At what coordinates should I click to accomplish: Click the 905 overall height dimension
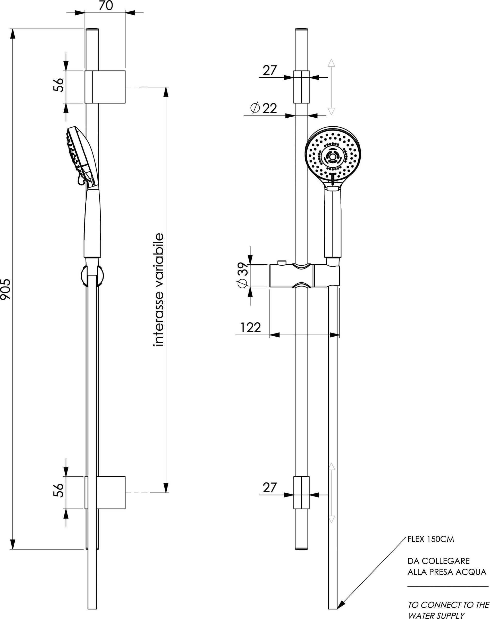tap(5, 289)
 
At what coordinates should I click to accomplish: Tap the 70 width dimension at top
tap(106, 6)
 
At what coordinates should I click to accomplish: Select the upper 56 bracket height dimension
tap(58, 85)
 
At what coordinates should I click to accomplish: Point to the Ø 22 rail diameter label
tap(264, 108)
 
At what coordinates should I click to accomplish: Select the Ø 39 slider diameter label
tap(243, 275)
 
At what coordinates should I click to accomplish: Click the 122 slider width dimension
tap(250, 328)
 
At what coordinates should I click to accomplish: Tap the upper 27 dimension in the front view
tap(270, 70)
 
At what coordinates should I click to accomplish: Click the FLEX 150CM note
tap(431, 539)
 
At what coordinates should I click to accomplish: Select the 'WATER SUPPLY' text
tap(436, 615)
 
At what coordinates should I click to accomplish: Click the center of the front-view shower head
tap(332, 157)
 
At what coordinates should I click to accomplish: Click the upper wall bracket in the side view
tap(105, 87)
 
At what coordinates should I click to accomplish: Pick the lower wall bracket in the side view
tap(105, 493)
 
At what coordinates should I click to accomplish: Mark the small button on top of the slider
tap(282, 263)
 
